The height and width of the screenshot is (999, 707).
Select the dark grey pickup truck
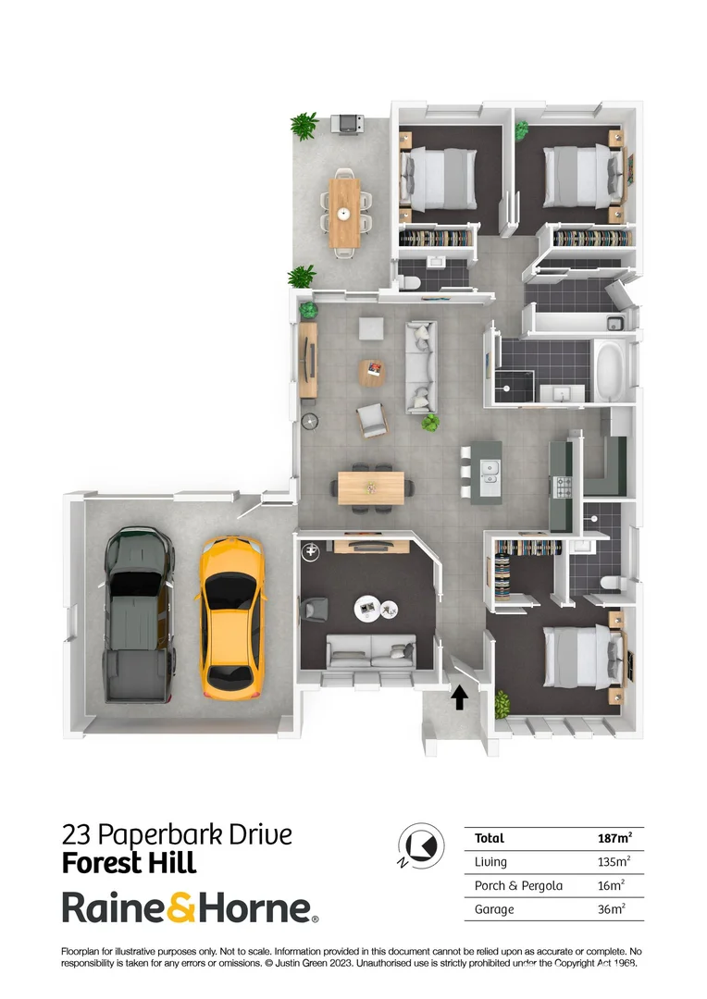click(x=139, y=612)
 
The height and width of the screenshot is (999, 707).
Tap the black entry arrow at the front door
click(x=459, y=696)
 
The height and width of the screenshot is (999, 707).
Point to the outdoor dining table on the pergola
click(x=344, y=212)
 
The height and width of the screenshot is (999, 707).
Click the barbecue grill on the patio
click(x=347, y=122)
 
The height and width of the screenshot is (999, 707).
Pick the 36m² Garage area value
click(x=611, y=909)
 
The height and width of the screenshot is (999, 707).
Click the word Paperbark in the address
click(x=170, y=835)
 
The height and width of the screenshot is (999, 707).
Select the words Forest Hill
click(x=129, y=864)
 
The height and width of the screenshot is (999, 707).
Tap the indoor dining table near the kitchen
click(x=371, y=487)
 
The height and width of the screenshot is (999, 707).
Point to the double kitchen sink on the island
click(x=490, y=472)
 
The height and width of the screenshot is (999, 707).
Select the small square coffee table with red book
click(x=372, y=372)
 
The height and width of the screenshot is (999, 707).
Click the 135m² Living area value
click(x=611, y=862)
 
